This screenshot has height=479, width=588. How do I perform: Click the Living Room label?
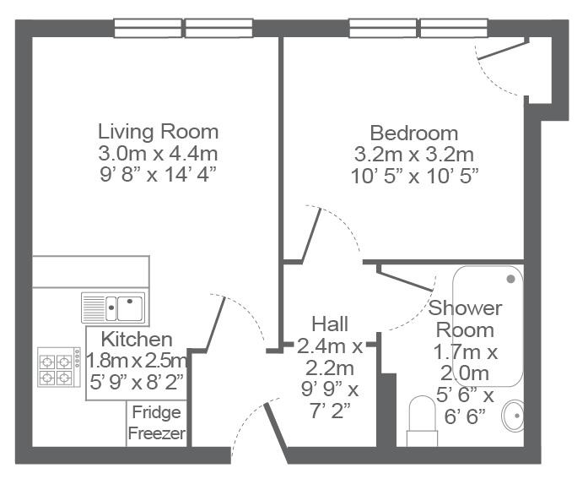(158, 132)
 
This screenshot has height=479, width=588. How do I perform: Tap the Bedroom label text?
(414, 133)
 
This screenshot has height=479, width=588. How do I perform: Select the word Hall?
(330, 324)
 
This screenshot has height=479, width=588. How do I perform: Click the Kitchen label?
(137, 340)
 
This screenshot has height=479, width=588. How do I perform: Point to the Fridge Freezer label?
(157, 422)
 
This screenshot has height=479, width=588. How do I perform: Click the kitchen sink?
(113, 308)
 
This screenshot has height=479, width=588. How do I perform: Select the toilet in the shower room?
(423, 421)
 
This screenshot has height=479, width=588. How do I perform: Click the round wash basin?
(514, 416)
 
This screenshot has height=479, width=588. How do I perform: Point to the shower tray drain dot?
(510, 279)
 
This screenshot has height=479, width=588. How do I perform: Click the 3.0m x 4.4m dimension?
(158, 153)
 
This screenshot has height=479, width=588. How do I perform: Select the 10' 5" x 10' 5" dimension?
(415, 176)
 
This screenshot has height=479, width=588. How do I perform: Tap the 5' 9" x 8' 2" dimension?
(137, 382)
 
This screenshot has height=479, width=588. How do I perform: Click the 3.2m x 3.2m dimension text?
(414, 155)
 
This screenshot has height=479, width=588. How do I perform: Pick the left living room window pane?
(148, 28)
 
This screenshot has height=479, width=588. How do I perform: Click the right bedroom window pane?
(454, 28)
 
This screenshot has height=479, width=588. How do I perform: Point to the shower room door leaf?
(405, 279)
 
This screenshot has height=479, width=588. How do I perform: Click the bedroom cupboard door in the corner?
(503, 51)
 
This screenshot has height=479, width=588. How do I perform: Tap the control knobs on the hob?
(78, 357)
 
